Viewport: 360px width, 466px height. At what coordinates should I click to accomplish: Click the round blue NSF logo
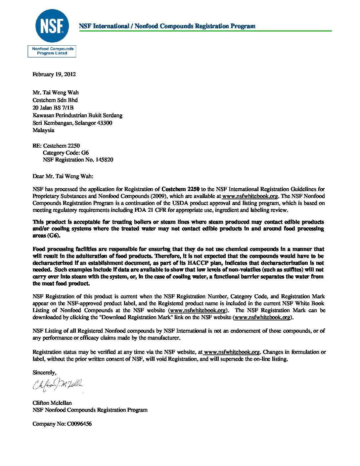tap(52, 26)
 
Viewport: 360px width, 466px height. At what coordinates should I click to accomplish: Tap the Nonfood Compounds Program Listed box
tap(52, 51)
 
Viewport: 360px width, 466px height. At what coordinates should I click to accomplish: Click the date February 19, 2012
tap(54, 74)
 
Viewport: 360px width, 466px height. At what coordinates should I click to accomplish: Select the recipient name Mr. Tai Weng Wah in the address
tap(56, 92)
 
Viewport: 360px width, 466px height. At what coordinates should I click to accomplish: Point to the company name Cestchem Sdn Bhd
tap(55, 100)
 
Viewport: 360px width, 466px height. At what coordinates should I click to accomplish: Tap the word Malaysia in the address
tap(43, 130)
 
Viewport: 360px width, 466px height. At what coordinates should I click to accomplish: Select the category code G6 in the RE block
tap(85, 153)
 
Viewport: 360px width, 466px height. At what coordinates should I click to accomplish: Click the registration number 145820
tap(104, 160)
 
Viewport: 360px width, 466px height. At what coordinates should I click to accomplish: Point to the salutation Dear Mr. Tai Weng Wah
tap(63, 176)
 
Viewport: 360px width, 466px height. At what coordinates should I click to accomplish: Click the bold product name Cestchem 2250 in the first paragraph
tap(180, 189)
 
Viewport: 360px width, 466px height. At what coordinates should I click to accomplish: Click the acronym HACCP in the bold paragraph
tap(199, 263)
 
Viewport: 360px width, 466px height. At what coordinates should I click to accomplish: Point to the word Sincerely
tap(44, 372)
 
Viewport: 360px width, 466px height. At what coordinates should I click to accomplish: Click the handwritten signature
tap(58, 384)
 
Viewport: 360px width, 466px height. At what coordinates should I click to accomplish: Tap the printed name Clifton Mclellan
tap(52, 403)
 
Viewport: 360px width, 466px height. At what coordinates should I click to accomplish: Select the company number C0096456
tap(79, 424)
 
